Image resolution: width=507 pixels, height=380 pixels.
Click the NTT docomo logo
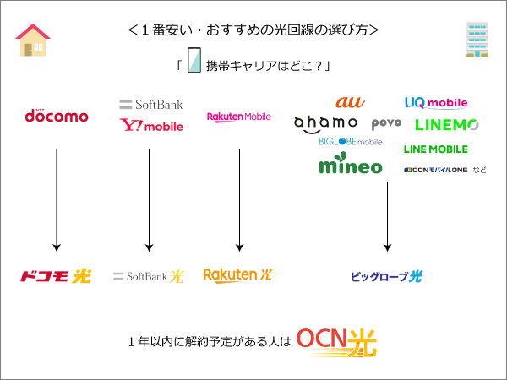(56, 115)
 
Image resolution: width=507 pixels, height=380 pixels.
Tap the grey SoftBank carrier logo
(150, 105)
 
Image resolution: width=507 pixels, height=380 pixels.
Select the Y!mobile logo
(151, 126)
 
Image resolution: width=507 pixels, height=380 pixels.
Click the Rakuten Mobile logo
(239, 117)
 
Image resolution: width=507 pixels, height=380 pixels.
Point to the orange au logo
(350, 102)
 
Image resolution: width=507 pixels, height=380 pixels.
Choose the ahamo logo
(326, 123)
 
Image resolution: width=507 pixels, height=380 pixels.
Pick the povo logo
(385, 124)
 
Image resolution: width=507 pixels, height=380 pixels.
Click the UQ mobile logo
(435, 103)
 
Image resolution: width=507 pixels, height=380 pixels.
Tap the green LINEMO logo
(447, 125)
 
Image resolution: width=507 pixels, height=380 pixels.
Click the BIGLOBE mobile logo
(350, 142)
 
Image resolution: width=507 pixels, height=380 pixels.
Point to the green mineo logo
(350, 165)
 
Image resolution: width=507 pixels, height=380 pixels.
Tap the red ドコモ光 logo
(56, 275)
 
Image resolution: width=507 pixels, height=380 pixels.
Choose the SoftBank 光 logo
(148, 276)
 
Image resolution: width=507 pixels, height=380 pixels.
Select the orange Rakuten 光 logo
(239, 274)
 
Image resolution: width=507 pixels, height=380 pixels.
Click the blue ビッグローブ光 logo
(386, 276)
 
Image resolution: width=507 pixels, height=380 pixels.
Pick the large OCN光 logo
(337, 342)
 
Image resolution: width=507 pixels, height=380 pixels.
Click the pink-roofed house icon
(33, 40)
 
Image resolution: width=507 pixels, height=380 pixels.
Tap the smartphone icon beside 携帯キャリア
(194, 64)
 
